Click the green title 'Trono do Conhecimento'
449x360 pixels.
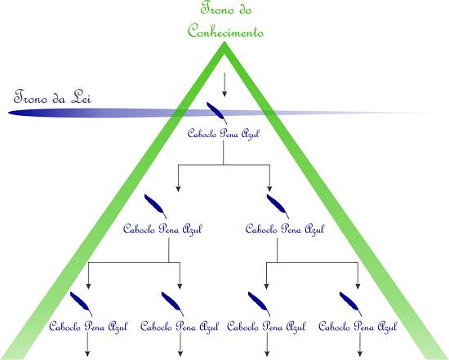(x=225, y=20)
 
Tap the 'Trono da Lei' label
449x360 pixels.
(x=52, y=97)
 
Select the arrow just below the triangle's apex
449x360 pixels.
(x=224, y=84)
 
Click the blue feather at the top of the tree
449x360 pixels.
(x=216, y=113)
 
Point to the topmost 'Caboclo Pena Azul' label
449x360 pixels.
(x=223, y=134)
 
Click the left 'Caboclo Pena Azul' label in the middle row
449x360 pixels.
(x=162, y=229)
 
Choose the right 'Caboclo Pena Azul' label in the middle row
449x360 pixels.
(x=285, y=229)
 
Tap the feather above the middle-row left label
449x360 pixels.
(x=155, y=207)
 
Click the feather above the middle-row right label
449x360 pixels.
(x=278, y=207)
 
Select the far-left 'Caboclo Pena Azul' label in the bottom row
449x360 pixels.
(x=88, y=327)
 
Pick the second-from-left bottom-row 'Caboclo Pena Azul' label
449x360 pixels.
(x=180, y=327)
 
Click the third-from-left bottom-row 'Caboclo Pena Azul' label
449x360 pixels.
(x=266, y=327)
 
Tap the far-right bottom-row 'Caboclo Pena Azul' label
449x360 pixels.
(x=358, y=327)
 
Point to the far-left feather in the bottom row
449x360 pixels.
(x=81, y=304)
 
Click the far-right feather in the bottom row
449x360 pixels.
(x=350, y=304)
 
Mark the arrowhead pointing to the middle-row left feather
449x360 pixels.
(x=178, y=189)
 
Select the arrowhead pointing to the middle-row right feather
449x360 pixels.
(x=269, y=189)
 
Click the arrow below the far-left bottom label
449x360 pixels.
(x=87, y=345)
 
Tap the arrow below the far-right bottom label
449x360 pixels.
(x=360, y=345)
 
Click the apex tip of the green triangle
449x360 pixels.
(x=224, y=42)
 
